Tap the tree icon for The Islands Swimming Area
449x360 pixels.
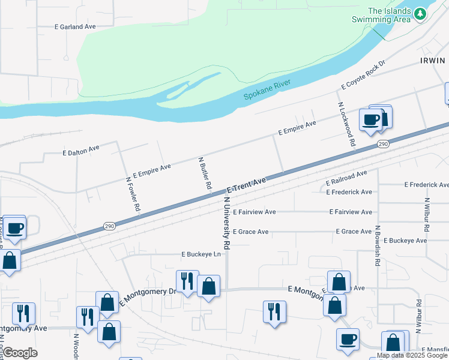pos(420,13)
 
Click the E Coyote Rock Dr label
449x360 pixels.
pos(363,75)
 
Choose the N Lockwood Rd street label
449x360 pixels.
pos(346,124)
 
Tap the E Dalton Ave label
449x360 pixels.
pos(81,149)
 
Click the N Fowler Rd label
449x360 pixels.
pos(133,193)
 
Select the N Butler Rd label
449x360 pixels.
pos(205,174)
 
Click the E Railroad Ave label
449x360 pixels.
pos(346,178)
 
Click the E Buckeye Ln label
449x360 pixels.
pos(201,254)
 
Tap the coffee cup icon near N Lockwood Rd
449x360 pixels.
pos(371,119)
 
